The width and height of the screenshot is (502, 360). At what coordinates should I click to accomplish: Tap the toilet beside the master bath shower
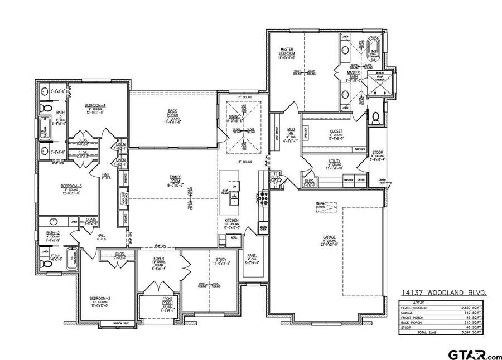coord(375,117)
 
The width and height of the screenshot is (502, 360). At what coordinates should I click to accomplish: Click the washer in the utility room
coord(349,180)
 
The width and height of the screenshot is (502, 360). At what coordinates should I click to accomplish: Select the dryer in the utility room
coord(361,180)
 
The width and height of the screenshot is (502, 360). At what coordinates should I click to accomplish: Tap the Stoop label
coord(377,152)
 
